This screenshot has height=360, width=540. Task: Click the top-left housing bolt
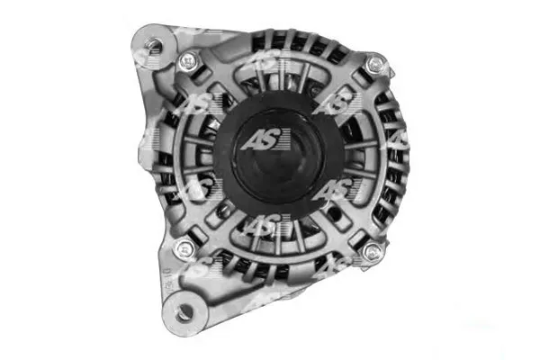pyautogui.click(x=189, y=62)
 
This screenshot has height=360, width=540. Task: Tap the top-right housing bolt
pyautogui.click(x=375, y=64)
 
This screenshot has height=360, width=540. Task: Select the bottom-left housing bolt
pyautogui.click(x=186, y=249)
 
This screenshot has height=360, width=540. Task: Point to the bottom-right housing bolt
pyautogui.click(x=372, y=253)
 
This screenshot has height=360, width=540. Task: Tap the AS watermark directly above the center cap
pyautogui.click(x=265, y=62)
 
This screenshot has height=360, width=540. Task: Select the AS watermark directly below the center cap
pyautogui.click(x=263, y=227)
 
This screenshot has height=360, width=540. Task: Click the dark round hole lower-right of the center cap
pyautogui.click(x=332, y=214)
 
